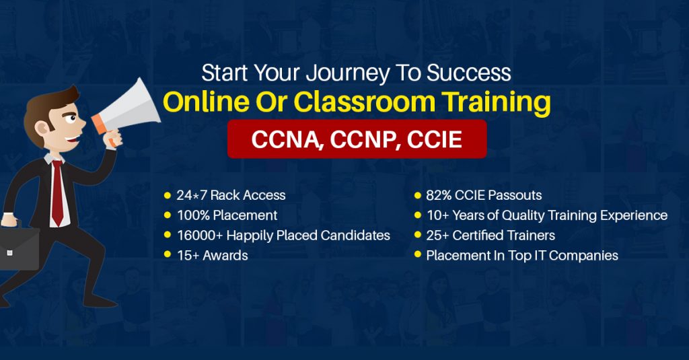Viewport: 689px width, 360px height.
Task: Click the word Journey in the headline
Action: click(x=348, y=73)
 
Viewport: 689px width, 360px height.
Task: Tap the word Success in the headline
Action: click(x=469, y=73)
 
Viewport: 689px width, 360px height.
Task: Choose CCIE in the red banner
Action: click(x=435, y=139)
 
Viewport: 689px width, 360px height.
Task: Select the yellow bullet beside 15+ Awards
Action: click(x=167, y=254)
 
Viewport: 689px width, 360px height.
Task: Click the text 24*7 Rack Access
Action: click(x=231, y=195)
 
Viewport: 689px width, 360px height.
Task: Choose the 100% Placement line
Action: click(x=227, y=215)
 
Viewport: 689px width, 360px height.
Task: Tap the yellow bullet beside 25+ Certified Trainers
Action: click(x=418, y=234)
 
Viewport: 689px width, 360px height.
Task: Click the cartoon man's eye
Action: click(x=71, y=118)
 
